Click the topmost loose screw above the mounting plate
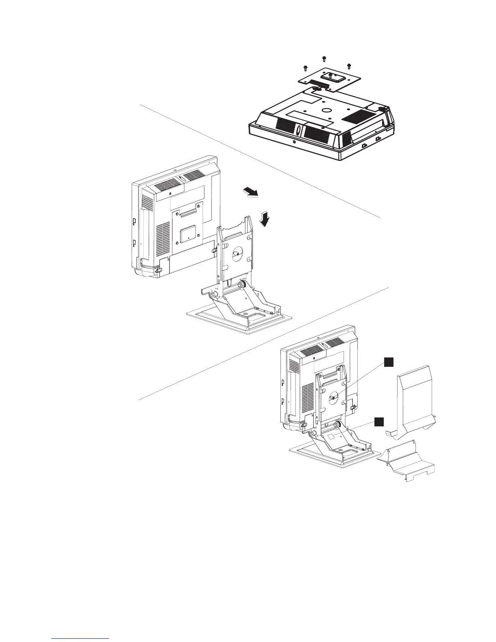[x=324, y=58]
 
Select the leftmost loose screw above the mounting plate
[x=305, y=67]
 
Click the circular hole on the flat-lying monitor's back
[x=325, y=110]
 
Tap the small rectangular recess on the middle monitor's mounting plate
[x=187, y=233]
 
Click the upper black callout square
[x=389, y=362]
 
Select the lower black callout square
[x=378, y=422]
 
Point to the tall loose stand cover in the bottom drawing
[x=415, y=401]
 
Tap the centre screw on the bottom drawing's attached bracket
[x=333, y=398]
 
